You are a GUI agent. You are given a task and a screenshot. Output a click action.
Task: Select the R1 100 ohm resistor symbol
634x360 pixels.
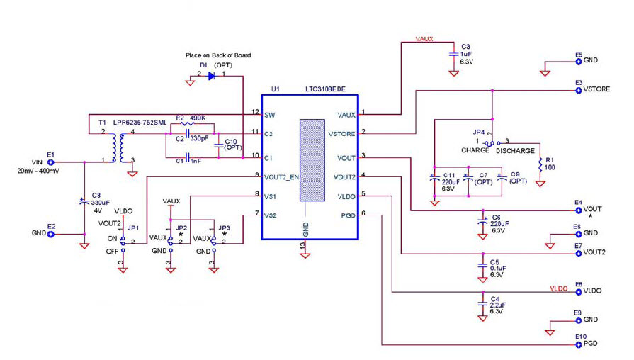pos(540,164)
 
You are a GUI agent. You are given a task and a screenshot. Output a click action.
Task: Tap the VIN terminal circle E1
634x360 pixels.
pos(50,162)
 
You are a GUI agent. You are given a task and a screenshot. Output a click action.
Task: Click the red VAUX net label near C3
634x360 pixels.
pos(424,40)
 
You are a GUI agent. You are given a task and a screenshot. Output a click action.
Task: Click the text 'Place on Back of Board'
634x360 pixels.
pos(217,55)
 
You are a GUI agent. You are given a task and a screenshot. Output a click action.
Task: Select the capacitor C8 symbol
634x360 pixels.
pos(84,202)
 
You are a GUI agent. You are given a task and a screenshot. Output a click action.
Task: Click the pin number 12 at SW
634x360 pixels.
pos(255,113)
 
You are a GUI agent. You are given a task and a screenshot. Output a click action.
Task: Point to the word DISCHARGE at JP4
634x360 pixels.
pos(515,150)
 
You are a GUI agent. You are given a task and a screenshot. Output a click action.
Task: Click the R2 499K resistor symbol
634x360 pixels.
pos(188,123)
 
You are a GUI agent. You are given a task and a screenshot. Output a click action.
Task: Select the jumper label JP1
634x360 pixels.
pos(133,229)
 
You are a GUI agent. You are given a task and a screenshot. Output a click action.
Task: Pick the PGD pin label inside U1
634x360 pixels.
pos(346,213)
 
